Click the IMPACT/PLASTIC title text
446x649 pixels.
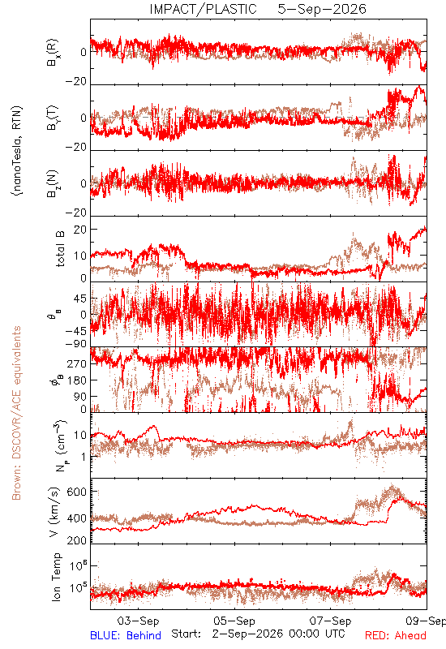[203, 9]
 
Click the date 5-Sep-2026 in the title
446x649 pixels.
[322, 9]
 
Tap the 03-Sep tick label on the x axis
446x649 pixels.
[138, 621]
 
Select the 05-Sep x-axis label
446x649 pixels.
[234, 621]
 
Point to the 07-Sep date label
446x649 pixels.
[330, 621]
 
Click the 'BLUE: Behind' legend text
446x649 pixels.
[126, 635]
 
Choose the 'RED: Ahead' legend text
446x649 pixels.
[395, 635]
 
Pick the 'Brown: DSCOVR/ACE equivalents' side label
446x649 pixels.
[16, 413]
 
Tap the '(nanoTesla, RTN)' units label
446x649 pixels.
[17, 151]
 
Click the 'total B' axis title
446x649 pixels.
[59, 249]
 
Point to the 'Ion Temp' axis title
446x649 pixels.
[56, 577]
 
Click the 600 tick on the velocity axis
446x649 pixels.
[77, 492]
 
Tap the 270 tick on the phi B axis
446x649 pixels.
[77, 363]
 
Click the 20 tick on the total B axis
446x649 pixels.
[80, 230]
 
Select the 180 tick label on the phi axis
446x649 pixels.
[77, 380]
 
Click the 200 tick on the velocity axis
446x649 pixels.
[77, 540]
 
